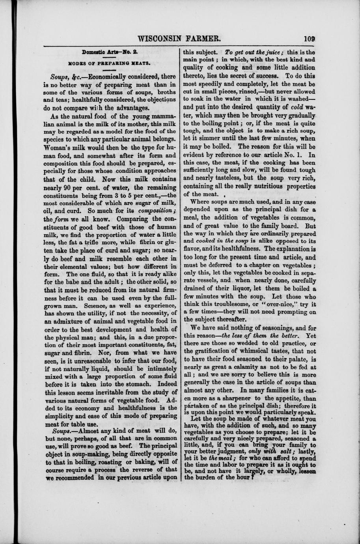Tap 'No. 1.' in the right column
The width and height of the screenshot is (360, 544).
point(296,155)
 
